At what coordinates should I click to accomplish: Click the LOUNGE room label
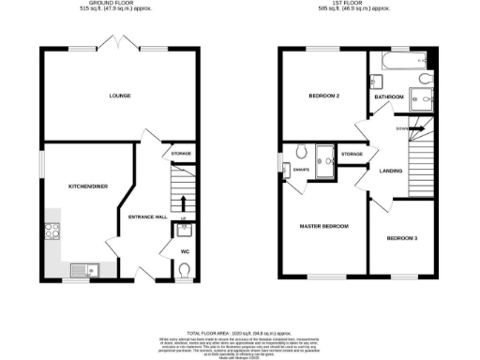coord(118,96)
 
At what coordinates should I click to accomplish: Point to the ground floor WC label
coord(184,250)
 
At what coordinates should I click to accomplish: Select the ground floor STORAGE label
coord(181,153)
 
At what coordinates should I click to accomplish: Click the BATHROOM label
coord(388,97)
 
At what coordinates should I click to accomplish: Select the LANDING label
coord(391,170)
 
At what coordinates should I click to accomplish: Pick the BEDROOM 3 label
coord(402,238)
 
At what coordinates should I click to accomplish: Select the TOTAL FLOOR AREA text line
coord(239,333)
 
